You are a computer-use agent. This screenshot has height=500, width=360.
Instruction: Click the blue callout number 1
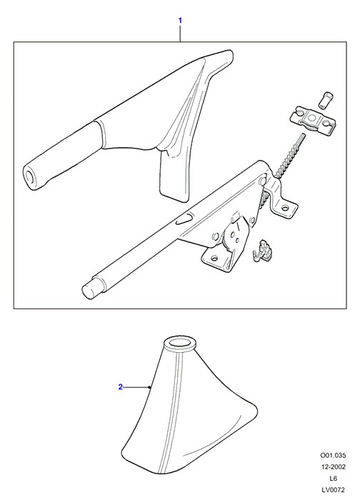(180, 21)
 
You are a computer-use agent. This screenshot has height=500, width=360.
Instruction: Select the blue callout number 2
(120, 387)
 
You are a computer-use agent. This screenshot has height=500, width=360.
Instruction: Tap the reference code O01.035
(333, 455)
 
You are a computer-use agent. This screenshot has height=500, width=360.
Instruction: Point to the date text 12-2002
(333, 467)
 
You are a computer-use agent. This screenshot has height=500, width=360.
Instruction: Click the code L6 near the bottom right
(333, 479)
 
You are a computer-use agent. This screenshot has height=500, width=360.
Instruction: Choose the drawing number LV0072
(333, 490)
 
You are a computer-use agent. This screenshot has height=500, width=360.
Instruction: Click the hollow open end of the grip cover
(30, 177)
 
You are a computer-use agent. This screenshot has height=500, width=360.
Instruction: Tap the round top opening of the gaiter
(179, 344)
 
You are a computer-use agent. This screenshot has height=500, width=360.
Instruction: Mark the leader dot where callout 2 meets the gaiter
(150, 387)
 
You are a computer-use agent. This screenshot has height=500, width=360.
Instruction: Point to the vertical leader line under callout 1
(180, 34)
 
